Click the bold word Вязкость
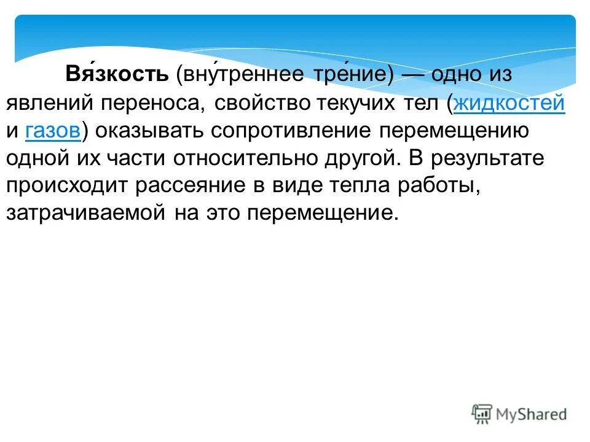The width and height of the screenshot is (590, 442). [x=117, y=75]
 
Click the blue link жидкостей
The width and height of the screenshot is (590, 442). [x=509, y=103]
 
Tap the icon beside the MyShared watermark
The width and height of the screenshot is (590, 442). [x=482, y=414]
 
